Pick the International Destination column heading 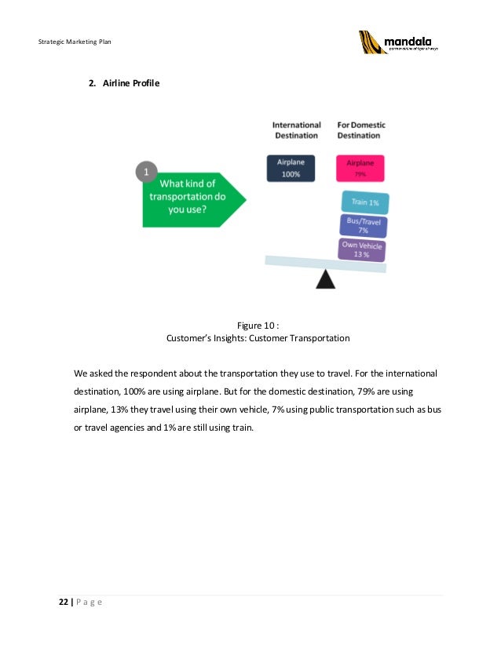point(296,129)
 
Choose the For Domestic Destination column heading point(361,129)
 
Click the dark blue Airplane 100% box point(291,168)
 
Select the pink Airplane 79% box point(360,168)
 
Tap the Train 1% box point(365,202)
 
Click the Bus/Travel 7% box point(364,226)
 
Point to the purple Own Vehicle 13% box point(362,249)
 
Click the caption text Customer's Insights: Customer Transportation point(258,339)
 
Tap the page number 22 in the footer point(63,602)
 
